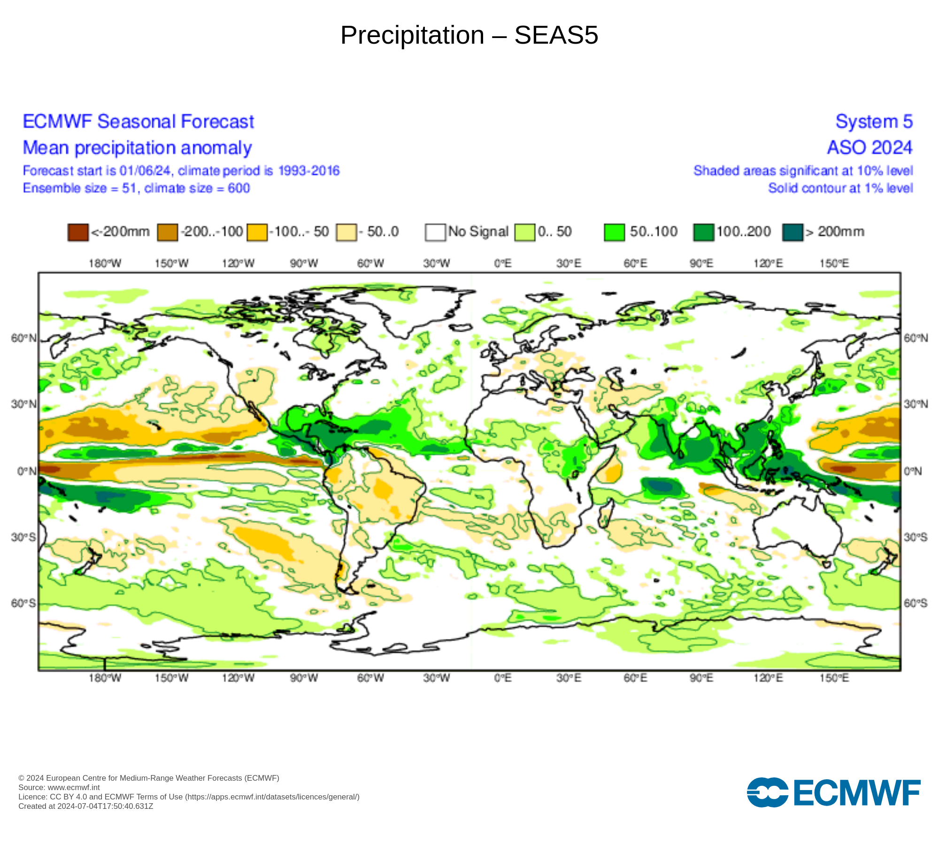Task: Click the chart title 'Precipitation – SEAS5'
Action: tap(469, 35)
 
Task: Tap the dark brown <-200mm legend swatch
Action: tap(78, 232)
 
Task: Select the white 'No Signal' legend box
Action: tap(435, 232)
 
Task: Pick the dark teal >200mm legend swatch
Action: tap(793, 232)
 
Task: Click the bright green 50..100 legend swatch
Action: tap(614, 232)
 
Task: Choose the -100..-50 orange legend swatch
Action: tap(257, 232)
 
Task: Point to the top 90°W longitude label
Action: tap(304, 263)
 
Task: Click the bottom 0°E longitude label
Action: tap(503, 678)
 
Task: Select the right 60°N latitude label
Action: tap(916, 338)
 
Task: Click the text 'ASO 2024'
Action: tap(870, 148)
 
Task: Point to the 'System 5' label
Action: tap(874, 122)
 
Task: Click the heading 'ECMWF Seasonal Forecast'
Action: tap(139, 122)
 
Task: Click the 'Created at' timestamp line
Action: tap(86, 806)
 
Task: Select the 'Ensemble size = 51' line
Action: tap(136, 188)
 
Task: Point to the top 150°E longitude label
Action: tap(834, 263)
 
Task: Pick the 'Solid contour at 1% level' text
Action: tap(840, 188)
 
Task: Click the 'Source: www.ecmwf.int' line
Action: tap(59, 787)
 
